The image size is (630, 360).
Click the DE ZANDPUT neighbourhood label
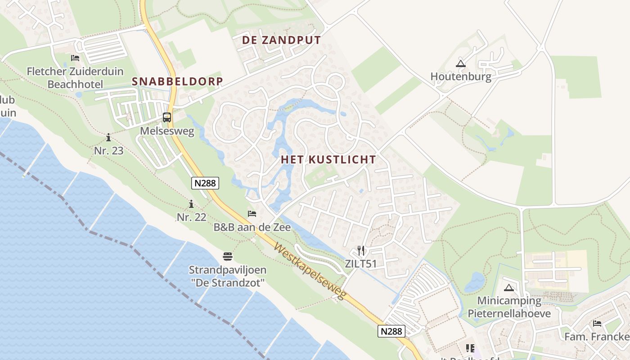click(x=281, y=40)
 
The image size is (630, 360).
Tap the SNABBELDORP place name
click(x=177, y=81)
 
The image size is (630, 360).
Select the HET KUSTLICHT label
click(x=328, y=159)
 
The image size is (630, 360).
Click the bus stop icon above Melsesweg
click(x=167, y=117)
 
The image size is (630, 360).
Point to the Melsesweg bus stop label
click(x=167, y=131)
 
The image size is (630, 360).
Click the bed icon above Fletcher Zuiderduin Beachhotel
click(x=75, y=58)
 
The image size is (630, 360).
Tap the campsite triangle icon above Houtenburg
click(x=460, y=63)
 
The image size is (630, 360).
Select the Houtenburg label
click(x=460, y=76)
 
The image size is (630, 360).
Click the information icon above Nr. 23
click(x=108, y=137)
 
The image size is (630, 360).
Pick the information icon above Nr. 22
click(x=191, y=204)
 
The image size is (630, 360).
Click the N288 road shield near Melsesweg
click(x=205, y=183)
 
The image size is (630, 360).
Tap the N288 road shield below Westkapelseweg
click(x=391, y=331)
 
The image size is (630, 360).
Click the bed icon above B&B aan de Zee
click(x=252, y=213)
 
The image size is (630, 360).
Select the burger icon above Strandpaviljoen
click(x=228, y=256)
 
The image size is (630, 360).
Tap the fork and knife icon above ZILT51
click(x=360, y=251)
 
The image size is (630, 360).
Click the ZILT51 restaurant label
click(x=360, y=264)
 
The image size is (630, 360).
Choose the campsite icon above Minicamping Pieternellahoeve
click(x=509, y=288)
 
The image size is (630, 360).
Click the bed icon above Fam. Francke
click(x=597, y=323)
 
